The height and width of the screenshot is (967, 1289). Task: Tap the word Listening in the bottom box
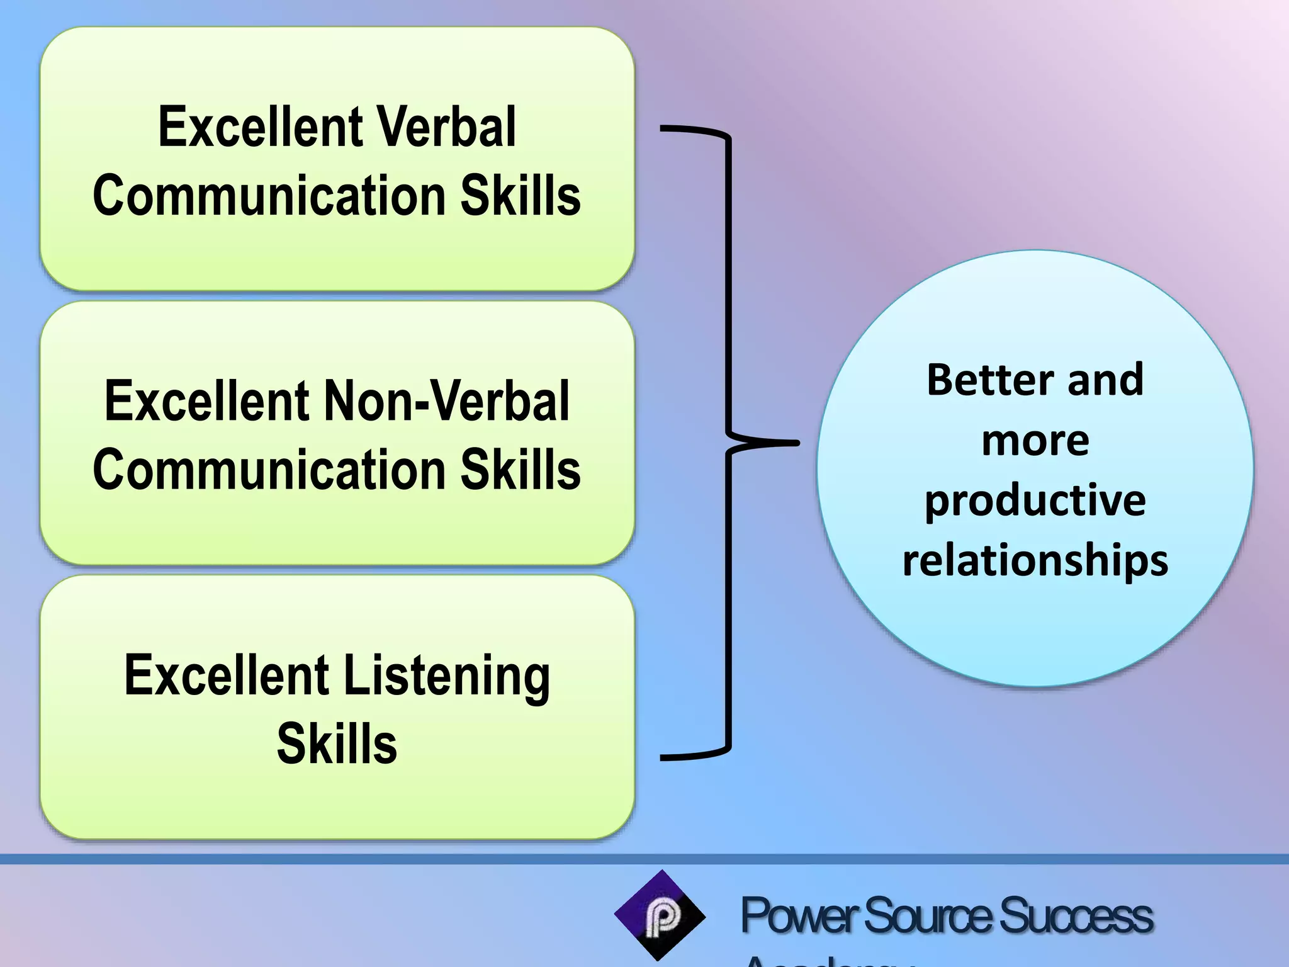(x=447, y=676)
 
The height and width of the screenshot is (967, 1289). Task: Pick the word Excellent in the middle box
(x=206, y=401)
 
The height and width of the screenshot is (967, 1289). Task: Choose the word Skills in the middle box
(x=521, y=470)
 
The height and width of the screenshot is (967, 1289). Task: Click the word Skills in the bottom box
(x=337, y=744)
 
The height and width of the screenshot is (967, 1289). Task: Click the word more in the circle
(x=1035, y=440)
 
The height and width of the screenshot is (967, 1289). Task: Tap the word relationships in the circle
(x=1035, y=560)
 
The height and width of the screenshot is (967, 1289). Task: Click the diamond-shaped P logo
(x=660, y=916)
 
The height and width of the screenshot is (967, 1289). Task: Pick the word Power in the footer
(x=798, y=916)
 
